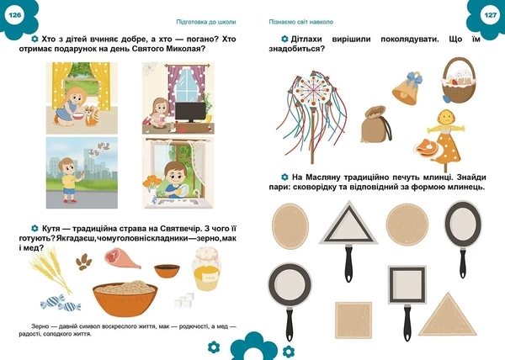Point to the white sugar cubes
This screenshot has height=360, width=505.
pyautogui.click(x=183, y=299)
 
